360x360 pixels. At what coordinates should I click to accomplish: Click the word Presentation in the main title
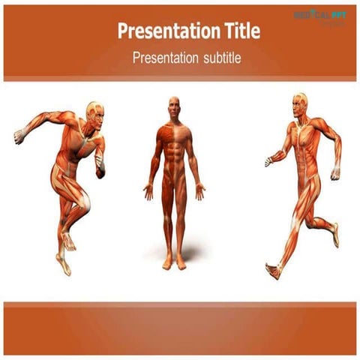157,31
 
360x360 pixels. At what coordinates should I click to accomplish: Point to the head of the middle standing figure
174,105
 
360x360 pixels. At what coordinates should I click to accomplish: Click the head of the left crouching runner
93,111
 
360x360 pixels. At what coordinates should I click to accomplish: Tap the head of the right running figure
300,102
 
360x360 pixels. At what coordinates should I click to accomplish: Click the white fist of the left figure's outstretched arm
18,136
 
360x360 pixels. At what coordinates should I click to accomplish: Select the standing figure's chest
174,138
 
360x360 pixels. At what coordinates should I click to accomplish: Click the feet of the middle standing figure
174,262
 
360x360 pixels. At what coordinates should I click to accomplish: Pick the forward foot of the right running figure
274,270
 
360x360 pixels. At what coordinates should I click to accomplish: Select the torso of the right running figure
304,146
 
